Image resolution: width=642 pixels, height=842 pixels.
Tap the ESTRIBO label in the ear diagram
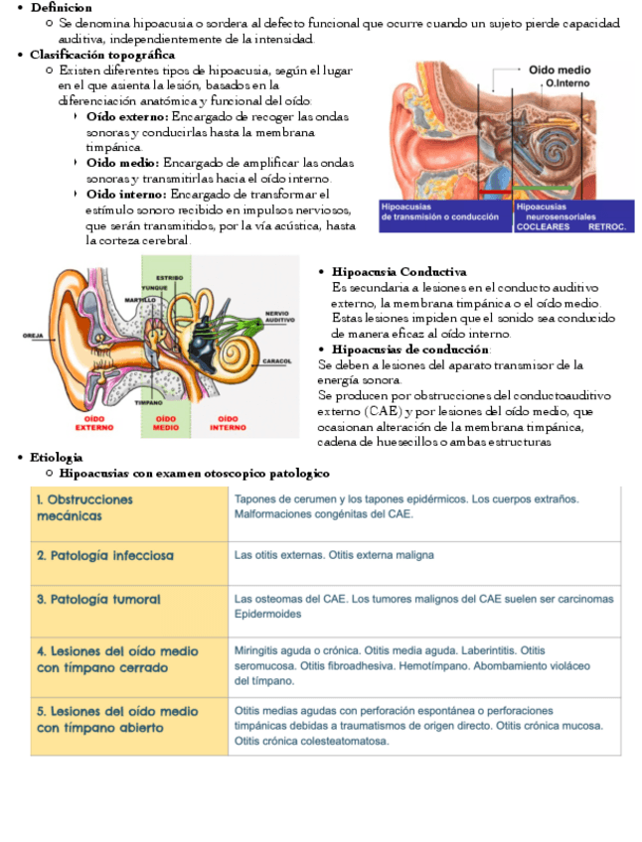click(169, 277)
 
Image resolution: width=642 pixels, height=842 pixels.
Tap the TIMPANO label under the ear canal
click(149, 403)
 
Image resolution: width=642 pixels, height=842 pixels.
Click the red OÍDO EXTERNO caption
click(93, 424)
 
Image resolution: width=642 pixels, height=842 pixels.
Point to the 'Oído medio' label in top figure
click(560, 70)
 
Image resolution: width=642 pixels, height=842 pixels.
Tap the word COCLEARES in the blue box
click(543, 226)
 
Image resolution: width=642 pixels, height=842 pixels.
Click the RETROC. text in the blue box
click(607, 226)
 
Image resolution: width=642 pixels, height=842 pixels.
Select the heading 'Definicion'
click(62, 7)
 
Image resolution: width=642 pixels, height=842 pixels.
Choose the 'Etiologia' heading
click(57, 457)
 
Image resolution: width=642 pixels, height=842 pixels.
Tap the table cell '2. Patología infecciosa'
click(105, 554)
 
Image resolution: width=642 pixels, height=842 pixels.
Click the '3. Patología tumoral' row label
click(99, 600)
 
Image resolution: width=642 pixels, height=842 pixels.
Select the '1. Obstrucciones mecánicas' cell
click(84, 507)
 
